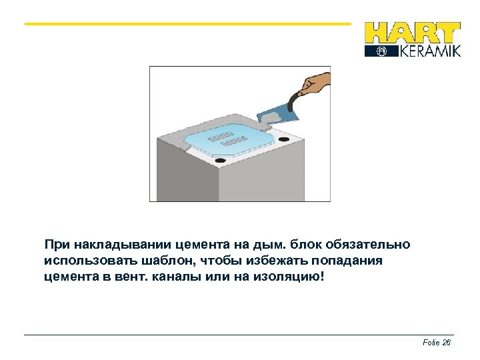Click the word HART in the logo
(x=412, y=33)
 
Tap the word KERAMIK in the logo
(x=429, y=51)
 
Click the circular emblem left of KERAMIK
(x=381, y=51)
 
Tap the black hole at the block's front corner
(x=220, y=161)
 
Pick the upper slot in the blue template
(x=220, y=137)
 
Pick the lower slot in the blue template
(x=235, y=142)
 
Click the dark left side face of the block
(x=187, y=173)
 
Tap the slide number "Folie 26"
(x=437, y=343)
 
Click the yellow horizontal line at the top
(x=187, y=24)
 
